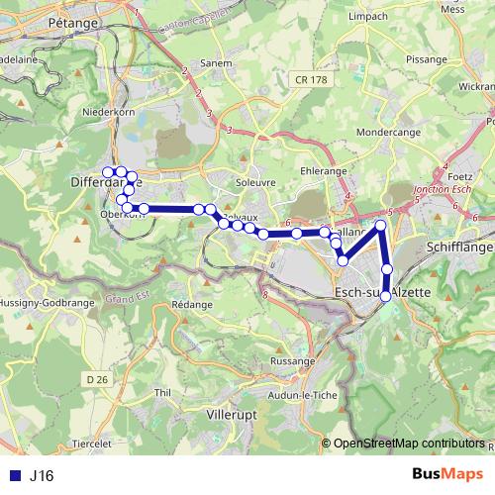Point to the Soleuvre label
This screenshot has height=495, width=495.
(254, 182)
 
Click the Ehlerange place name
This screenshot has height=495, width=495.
(321, 169)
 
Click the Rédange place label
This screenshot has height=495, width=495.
(192, 305)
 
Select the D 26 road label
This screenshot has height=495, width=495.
(96, 379)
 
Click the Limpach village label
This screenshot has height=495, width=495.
(367, 17)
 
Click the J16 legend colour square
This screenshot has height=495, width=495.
(12, 476)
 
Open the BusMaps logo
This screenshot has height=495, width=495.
(447, 474)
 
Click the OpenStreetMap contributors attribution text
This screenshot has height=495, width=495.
(409, 443)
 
